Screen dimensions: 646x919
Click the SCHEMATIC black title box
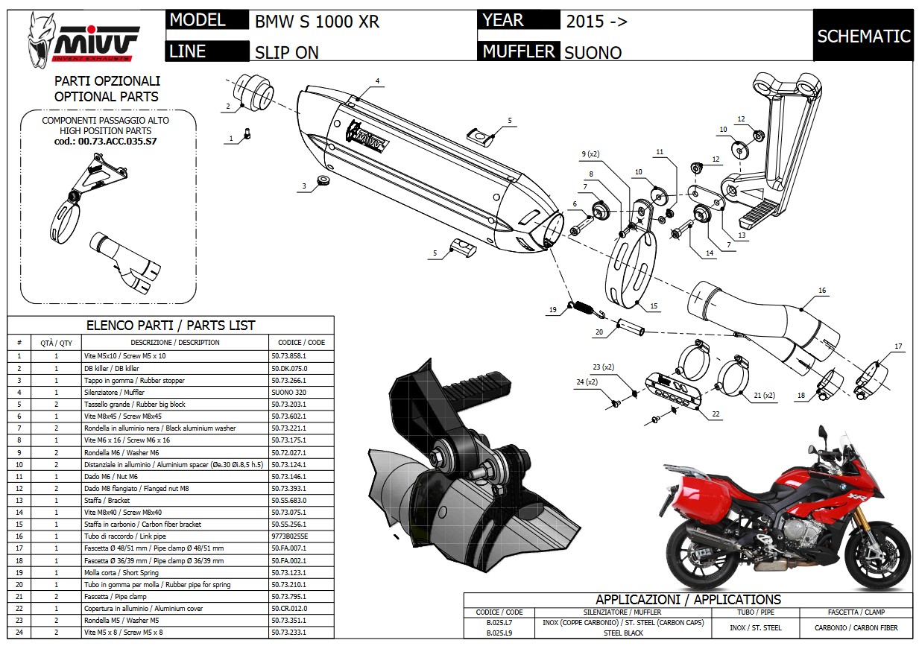click(x=863, y=36)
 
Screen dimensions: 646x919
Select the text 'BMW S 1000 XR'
click(x=318, y=22)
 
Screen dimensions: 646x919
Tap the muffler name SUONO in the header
click(x=593, y=52)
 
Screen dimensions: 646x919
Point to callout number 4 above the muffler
click(x=377, y=80)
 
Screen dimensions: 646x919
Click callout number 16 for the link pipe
click(x=821, y=291)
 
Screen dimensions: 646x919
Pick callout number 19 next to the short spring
click(x=553, y=310)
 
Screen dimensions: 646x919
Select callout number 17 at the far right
click(x=898, y=346)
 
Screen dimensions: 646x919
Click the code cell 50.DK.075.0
click(x=289, y=368)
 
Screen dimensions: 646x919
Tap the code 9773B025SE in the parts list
click(x=290, y=536)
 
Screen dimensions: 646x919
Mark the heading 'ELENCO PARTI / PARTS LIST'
click(x=171, y=326)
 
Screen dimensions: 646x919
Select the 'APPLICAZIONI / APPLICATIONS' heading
click(x=688, y=600)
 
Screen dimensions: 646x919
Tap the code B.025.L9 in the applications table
click(x=499, y=633)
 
